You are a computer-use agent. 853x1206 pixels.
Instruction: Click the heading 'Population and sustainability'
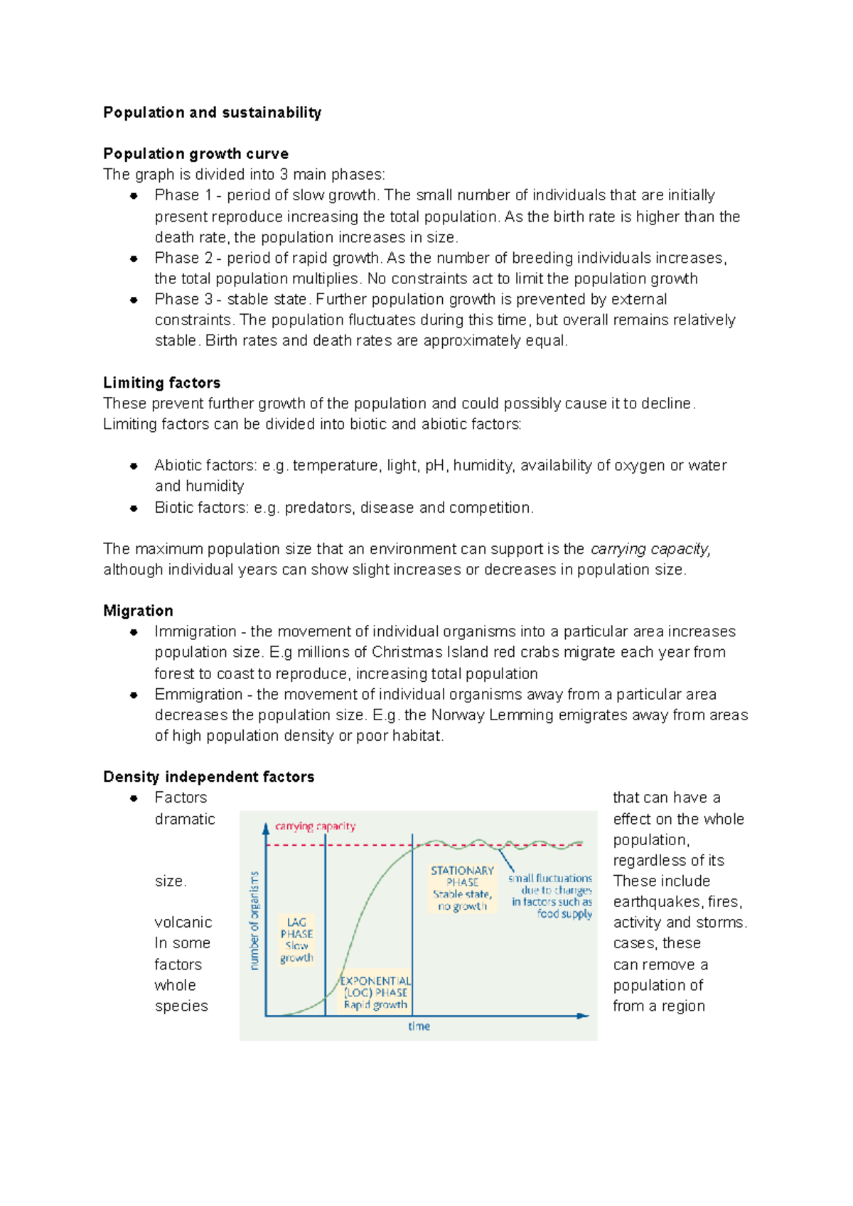point(212,112)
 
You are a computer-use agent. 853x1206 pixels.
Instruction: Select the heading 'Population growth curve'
point(195,153)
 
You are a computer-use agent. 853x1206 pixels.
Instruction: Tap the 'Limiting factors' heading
point(161,383)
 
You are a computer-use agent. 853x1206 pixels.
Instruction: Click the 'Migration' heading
point(138,611)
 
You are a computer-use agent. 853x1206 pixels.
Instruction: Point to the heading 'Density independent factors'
point(208,777)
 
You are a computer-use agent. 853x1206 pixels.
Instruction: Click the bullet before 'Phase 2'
point(134,259)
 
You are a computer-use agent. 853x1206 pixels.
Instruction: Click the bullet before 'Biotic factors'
point(134,508)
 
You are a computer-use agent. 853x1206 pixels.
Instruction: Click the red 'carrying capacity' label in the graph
point(315,826)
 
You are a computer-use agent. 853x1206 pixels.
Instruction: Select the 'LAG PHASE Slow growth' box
point(296,940)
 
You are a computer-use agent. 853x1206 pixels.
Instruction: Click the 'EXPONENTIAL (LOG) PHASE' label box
point(375,992)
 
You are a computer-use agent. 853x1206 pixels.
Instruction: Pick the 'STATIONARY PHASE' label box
point(462,888)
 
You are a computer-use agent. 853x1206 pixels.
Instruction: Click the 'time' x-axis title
point(419,1026)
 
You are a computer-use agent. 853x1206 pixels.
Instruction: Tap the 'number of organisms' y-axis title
point(254,920)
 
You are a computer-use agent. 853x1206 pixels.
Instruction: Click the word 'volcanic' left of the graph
point(183,923)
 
